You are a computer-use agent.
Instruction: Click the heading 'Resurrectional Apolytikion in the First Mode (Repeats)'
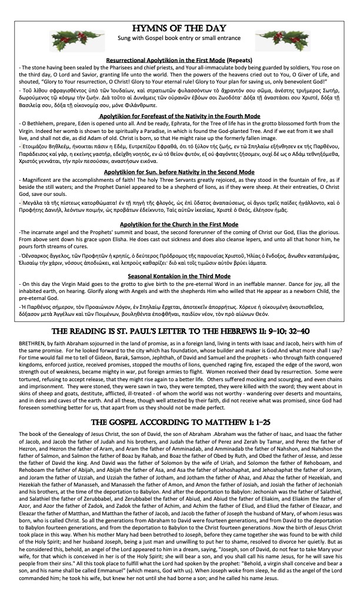[x=180, y=61]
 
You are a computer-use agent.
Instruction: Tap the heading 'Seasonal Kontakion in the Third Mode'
[x=180, y=276]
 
